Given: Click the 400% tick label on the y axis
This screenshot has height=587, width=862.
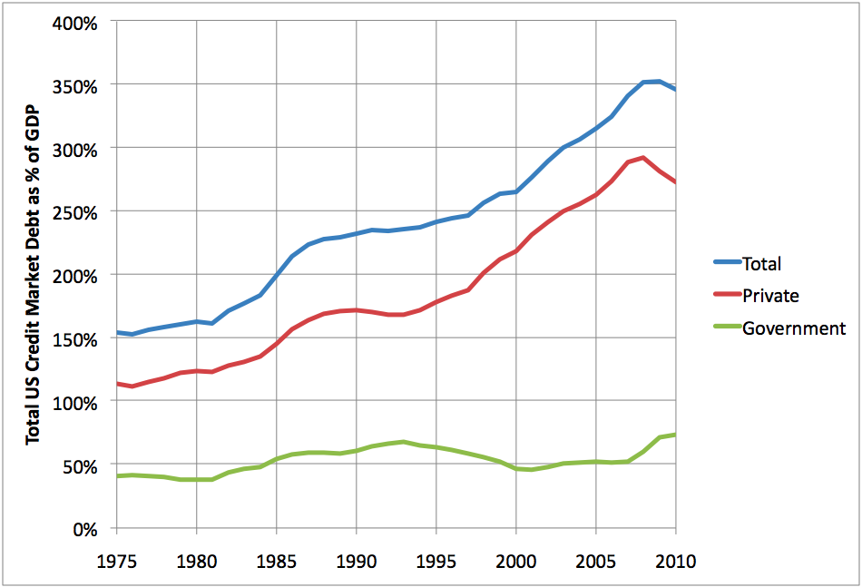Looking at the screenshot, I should coord(75,22).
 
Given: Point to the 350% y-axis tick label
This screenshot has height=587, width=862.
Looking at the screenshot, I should coord(75,85).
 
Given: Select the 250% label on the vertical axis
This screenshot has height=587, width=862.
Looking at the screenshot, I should coord(75,211).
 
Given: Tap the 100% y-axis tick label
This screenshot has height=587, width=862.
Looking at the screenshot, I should coord(75,402).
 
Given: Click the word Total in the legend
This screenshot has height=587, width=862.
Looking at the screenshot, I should coord(761,264).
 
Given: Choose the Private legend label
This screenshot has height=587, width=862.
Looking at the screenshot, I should coord(770,296).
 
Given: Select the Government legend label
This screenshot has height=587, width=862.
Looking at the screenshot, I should coord(794,328).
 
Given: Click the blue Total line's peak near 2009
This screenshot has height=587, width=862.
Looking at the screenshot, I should coord(659,81).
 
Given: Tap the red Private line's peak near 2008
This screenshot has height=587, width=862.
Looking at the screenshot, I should coord(643,158).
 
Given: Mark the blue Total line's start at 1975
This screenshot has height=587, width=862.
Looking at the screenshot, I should coord(117,332).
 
